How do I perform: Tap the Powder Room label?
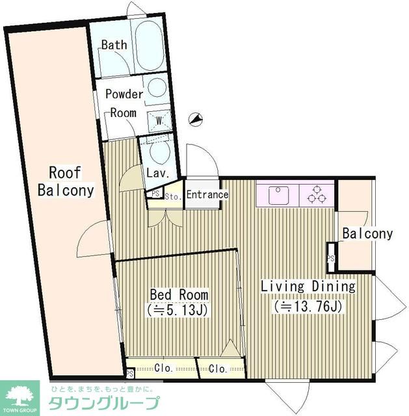point(124,103)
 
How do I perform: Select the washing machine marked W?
point(159,121)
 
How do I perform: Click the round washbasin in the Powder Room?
point(157,87)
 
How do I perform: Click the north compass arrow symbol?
point(195,120)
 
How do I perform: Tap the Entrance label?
point(207,194)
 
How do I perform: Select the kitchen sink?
point(278,196)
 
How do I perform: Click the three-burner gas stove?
point(317,195)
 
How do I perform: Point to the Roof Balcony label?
point(66,182)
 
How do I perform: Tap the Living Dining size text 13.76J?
point(308,307)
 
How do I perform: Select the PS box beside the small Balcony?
point(330,257)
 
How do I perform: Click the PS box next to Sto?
point(155,193)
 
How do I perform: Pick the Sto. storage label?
point(173,197)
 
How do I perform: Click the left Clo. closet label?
point(163,368)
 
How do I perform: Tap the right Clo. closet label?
point(218,369)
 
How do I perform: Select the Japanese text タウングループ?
point(104,404)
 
